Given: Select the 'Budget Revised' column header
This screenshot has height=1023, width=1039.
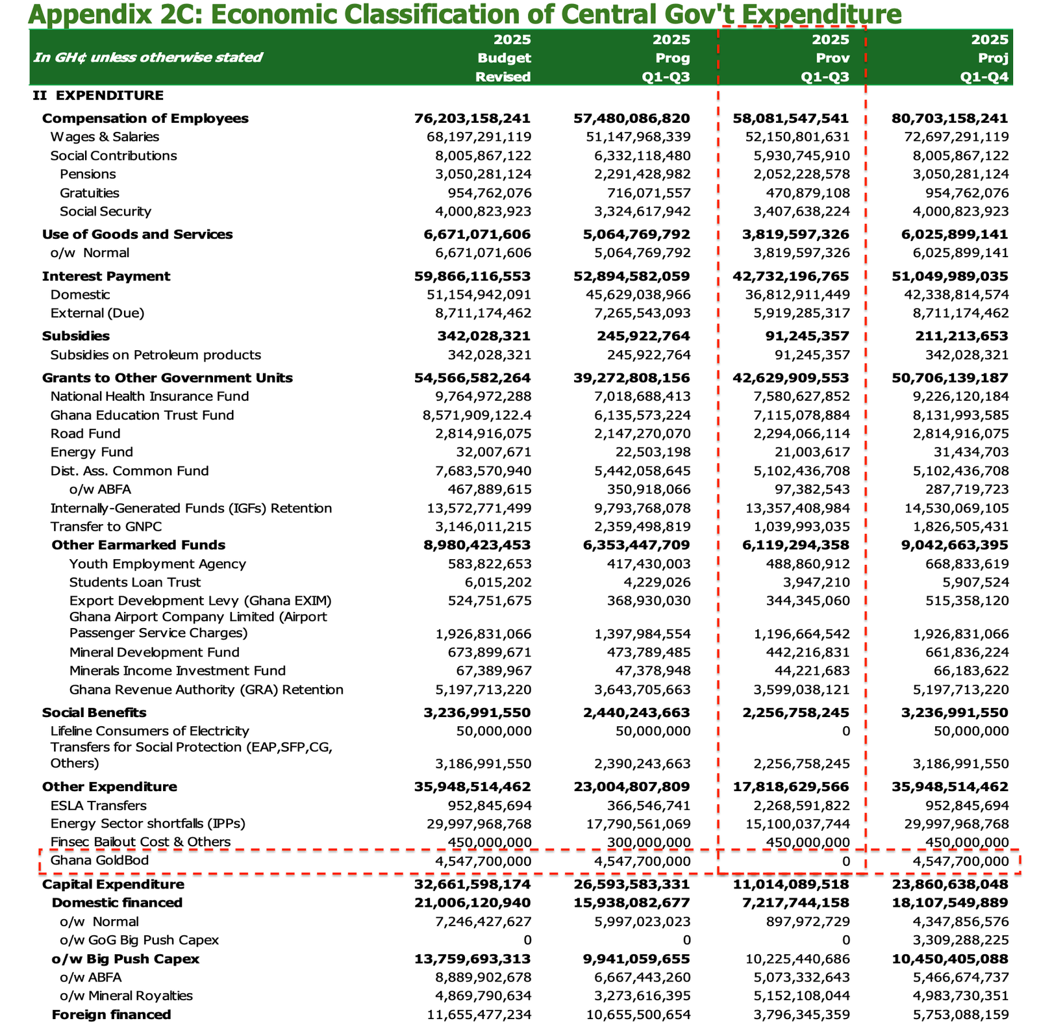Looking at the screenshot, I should click(x=503, y=58).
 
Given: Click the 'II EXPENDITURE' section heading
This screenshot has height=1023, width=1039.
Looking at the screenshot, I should click(x=98, y=95).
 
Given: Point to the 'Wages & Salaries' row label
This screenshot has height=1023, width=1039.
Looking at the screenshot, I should click(x=105, y=137).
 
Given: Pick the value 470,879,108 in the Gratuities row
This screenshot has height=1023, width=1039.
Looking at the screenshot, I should click(x=808, y=193).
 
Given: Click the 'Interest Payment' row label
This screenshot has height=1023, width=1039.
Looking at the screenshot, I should click(x=106, y=277).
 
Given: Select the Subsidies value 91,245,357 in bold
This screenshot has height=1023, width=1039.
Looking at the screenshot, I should click(x=808, y=336).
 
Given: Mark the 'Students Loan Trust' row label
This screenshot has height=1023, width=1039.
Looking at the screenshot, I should click(x=135, y=583).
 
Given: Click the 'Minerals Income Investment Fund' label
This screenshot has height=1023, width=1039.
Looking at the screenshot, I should click(x=177, y=671).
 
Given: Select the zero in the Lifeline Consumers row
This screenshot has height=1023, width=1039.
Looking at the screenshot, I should click(x=845, y=731).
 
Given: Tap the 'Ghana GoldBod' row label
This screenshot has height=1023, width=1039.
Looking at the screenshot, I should click(x=99, y=861).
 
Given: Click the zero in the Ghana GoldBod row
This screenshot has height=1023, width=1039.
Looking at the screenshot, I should click(x=845, y=862).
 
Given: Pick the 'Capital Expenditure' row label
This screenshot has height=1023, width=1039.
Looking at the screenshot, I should click(x=113, y=885).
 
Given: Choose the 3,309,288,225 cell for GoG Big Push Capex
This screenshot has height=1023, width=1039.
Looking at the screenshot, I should click(x=967, y=941).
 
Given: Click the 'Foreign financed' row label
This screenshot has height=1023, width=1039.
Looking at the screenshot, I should click(x=111, y=1015).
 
